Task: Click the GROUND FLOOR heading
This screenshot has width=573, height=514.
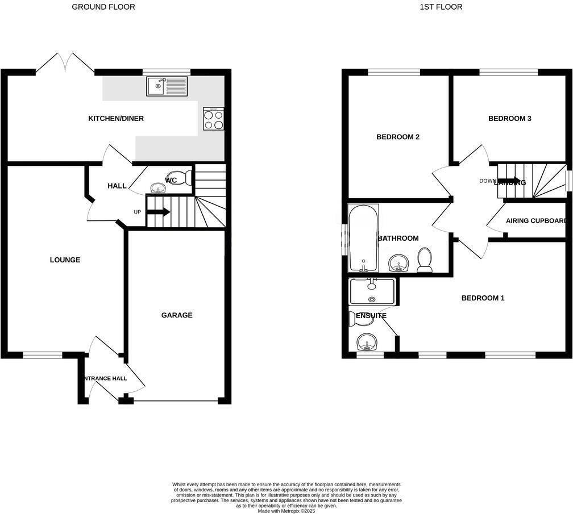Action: coord(103,7)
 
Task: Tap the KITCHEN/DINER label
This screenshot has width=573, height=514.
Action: coord(116,119)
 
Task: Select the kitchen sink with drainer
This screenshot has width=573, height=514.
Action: coord(167,86)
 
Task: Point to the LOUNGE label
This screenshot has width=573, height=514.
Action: coord(65,260)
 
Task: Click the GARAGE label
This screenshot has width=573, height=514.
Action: coord(177,315)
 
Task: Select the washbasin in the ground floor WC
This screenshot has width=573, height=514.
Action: coord(156,187)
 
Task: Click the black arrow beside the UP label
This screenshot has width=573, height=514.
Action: coord(159,212)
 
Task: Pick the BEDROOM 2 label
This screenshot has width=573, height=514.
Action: coord(398,137)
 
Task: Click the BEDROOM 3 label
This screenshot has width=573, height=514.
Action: coord(510,119)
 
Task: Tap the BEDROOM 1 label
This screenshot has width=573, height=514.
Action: coord(483,298)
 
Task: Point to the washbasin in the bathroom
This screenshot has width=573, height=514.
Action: coord(399,264)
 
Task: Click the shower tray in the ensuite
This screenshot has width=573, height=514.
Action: coord(372,291)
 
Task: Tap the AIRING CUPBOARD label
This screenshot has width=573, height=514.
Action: coord(536,221)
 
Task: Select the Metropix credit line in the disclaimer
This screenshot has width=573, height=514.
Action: coord(286,511)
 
